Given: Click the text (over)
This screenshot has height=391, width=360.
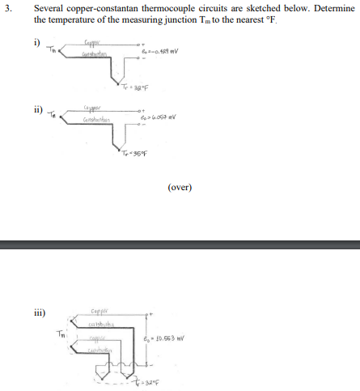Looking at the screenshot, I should tap(179, 187).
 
